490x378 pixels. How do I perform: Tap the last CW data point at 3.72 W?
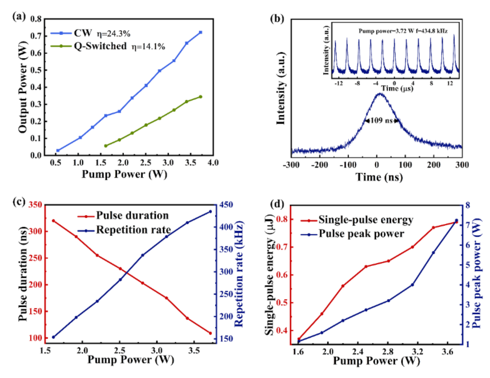(201, 32)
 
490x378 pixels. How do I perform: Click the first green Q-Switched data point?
(106, 146)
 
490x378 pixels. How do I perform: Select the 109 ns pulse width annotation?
(382, 120)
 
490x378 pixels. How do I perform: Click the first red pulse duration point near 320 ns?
(53, 221)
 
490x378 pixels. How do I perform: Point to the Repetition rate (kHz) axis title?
(240, 272)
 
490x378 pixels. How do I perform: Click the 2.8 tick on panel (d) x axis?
(388, 351)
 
